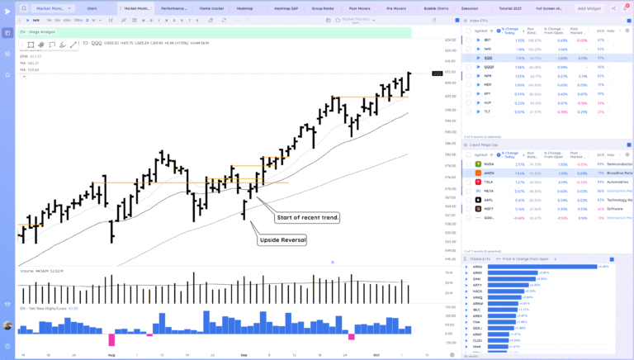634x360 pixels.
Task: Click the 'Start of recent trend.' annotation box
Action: [306, 216]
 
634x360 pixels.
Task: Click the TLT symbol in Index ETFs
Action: [488, 111]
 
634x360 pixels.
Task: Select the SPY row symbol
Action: [488, 93]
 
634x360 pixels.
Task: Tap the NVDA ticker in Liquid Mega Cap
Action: [490, 163]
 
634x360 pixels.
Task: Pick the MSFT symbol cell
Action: [490, 209]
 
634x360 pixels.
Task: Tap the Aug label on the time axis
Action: [111, 353]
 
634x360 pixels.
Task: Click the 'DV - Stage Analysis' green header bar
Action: [215, 32]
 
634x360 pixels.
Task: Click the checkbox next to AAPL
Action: [468, 200]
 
